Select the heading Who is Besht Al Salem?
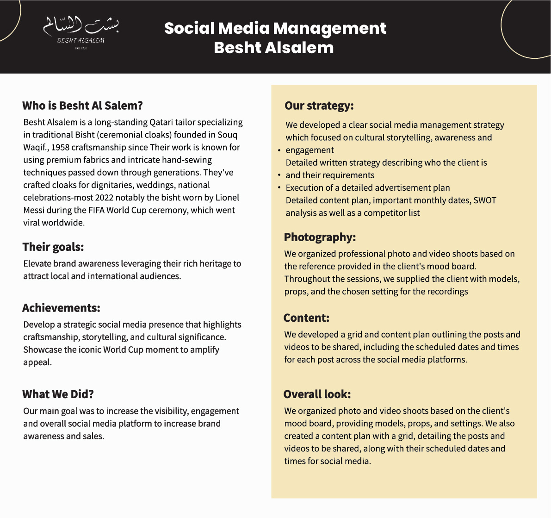pyautogui.click(x=82, y=106)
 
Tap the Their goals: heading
pyautogui.click(x=53, y=247)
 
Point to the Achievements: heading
pyautogui.click(x=61, y=308)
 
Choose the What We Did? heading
pyautogui.click(x=58, y=394)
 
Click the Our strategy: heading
pyautogui.click(x=319, y=106)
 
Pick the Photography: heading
pyautogui.click(x=320, y=237)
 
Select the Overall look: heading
pyautogui.click(x=317, y=394)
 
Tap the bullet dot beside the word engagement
pyautogui.click(x=279, y=150)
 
